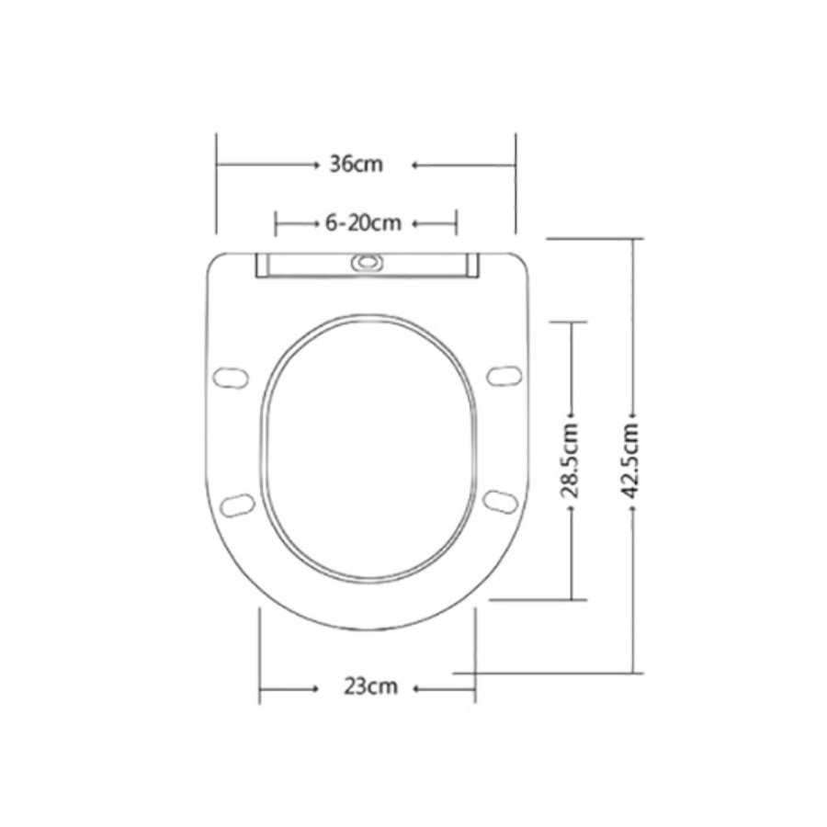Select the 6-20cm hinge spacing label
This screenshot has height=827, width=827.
click(x=364, y=222)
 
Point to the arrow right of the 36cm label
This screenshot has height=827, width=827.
click(x=415, y=165)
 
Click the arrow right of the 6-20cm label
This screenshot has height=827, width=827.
click(x=415, y=222)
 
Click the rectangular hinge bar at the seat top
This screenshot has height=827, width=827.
click(x=368, y=266)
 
